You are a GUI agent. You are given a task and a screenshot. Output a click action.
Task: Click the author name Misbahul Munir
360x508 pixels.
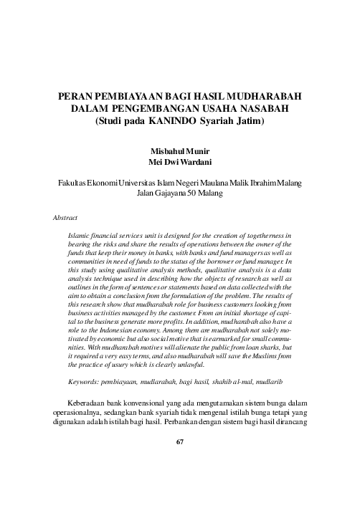click(179, 153)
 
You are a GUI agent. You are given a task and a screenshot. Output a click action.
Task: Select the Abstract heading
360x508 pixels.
click(65, 216)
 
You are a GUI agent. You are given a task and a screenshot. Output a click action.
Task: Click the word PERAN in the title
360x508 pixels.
click(75, 97)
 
